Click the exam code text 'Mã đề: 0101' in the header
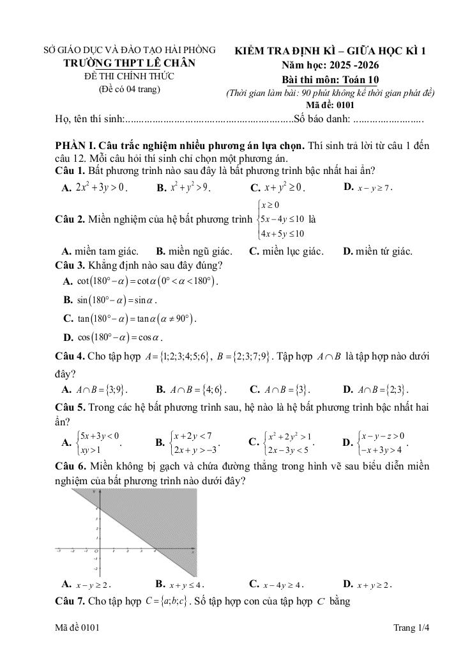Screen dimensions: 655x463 pyautogui.click(x=330, y=104)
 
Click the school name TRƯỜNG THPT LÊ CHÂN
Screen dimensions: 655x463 pyautogui.click(x=129, y=63)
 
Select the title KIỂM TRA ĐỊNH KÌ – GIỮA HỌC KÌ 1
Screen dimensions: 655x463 pyautogui.click(x=330, y=51)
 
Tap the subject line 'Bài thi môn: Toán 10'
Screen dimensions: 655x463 pyautogui.click(x=330, y=79)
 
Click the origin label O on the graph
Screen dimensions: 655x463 pyautogui.click(x=96, y=551)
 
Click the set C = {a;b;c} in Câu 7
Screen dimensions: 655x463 pyautogui.click(x=167, y=601)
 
